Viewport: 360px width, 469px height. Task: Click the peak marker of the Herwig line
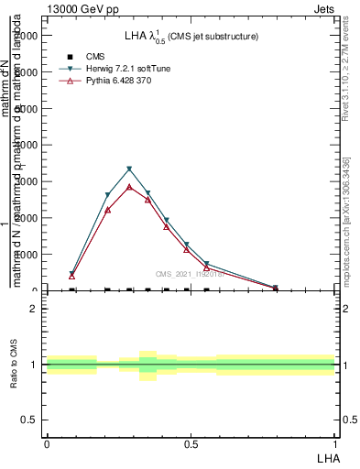pyautogui.click(x=129, y=169)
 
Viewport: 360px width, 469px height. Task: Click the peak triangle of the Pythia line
pyautogui.click(x=129, y=187)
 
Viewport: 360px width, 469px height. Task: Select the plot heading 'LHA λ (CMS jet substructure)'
pyautogui.click(x=191, y=36)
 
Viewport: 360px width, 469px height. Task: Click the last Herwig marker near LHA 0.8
pyautogui.click(x=275, y=288)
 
